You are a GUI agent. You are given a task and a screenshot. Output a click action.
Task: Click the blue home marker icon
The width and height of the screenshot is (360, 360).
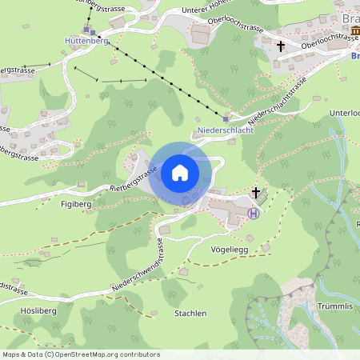click(180, 173)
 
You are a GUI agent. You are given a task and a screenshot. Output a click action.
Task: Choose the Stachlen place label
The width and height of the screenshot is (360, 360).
click(190, 313)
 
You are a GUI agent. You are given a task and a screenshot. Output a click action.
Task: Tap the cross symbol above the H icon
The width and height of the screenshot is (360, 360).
click(256, 192)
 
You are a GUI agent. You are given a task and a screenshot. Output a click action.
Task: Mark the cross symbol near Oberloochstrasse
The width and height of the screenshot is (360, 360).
click(281, 47)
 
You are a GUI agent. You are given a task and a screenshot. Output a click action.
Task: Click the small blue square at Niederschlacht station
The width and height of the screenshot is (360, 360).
click(226, 118)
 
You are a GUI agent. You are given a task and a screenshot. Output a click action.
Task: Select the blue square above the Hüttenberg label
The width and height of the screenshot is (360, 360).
click(86, 29)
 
